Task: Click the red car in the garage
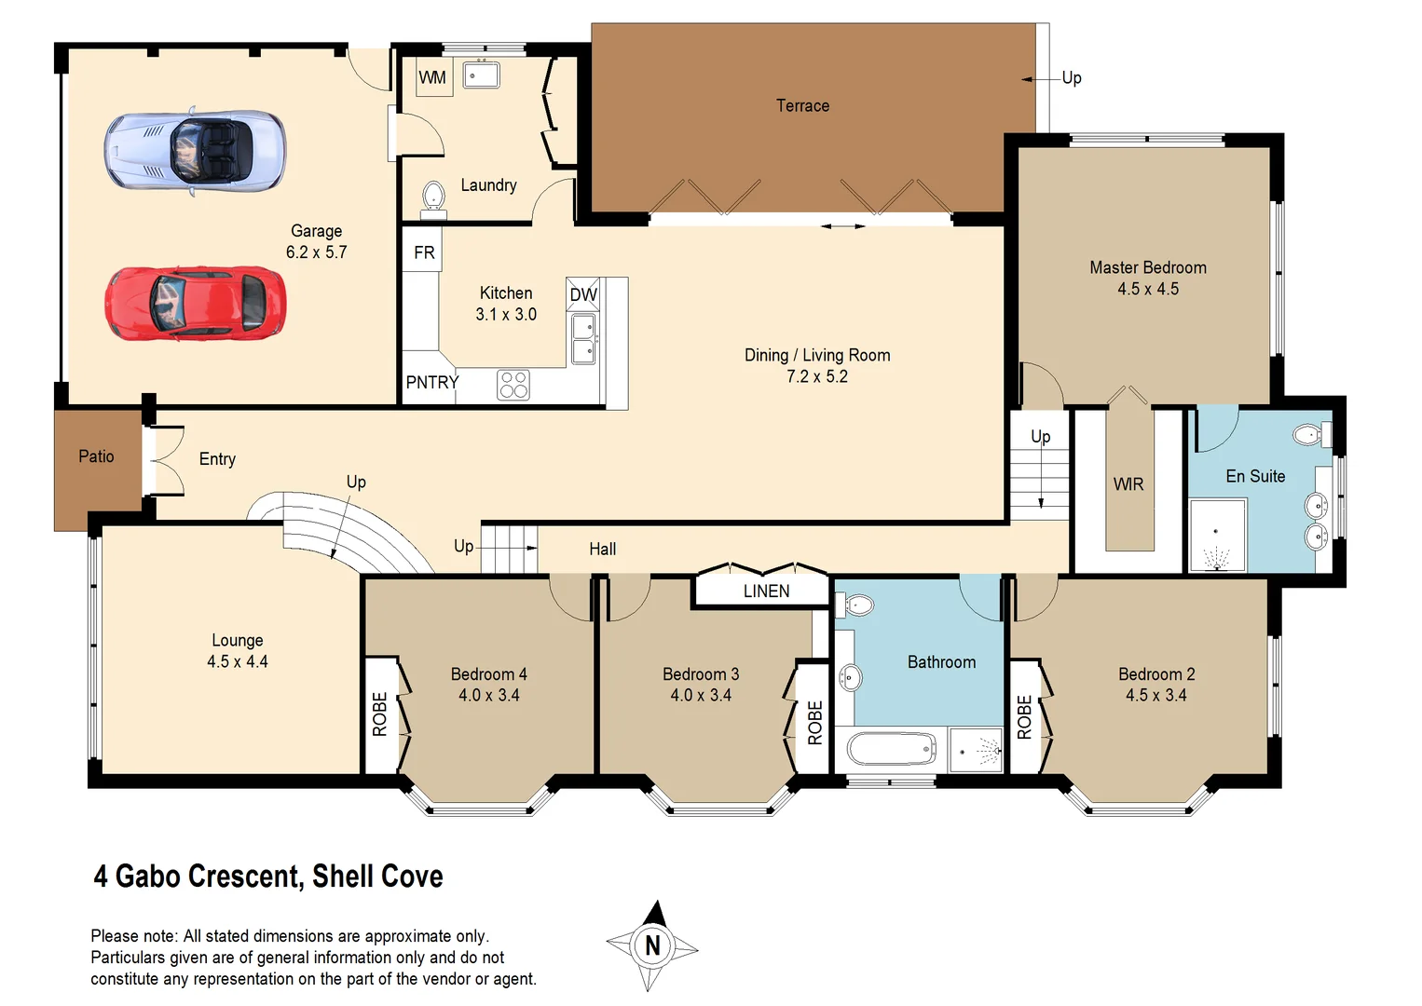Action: pos(195,303)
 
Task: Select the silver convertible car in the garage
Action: pos(195,150)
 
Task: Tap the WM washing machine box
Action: pos(432,78)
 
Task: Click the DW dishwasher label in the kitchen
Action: pos(583,295)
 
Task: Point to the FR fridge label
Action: pos(424,253)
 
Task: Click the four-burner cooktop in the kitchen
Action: pos(513,385)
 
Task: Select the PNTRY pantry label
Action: pos(431,383)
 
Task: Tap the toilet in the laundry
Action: pos(433,197)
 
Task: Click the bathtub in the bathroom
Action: pos(891,749)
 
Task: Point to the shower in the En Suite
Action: pos(1217,536)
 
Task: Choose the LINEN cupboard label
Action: pos(766,591)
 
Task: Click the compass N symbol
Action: pos(652,946)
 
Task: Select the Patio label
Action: pos(96,456)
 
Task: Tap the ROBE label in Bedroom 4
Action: pos(380,714)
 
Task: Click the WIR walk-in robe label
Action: pos(1128,484)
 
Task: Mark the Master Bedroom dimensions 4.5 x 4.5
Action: pos(1148,290)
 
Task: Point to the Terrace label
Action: pos(802,106)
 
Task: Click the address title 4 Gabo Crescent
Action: pos(267,877)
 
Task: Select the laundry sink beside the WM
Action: pos(482,75)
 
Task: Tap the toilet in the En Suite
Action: pos(1310,434)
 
